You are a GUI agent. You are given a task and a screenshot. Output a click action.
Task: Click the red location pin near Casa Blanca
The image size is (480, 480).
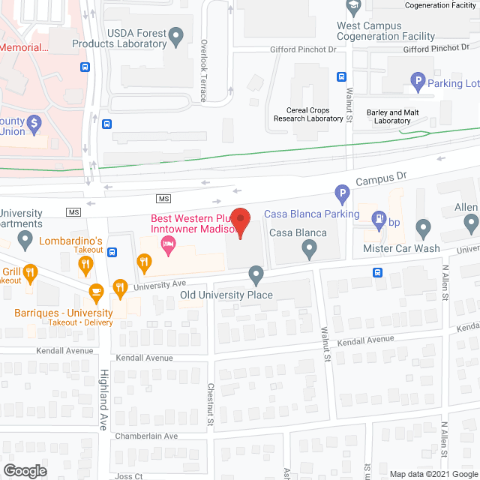(239, 222)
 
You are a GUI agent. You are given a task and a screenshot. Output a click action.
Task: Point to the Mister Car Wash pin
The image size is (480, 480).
(423, 227)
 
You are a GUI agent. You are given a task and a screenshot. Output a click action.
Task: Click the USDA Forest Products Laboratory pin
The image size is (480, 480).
(176, 34)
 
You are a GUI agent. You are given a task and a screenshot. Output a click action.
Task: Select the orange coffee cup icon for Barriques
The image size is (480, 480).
(96, 291)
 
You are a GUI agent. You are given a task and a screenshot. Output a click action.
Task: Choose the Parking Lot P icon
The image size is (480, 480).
(417, 79)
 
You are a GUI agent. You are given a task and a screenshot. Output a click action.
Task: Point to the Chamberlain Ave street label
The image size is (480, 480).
(146, 436)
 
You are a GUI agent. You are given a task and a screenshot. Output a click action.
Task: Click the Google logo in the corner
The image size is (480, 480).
(25, 470)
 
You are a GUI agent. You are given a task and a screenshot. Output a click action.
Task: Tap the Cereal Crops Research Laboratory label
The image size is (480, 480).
(308, 114)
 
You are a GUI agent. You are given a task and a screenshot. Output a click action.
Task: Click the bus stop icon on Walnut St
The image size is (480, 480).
(341, 76)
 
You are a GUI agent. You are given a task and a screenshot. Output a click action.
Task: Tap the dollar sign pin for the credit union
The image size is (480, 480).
(33, 122)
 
